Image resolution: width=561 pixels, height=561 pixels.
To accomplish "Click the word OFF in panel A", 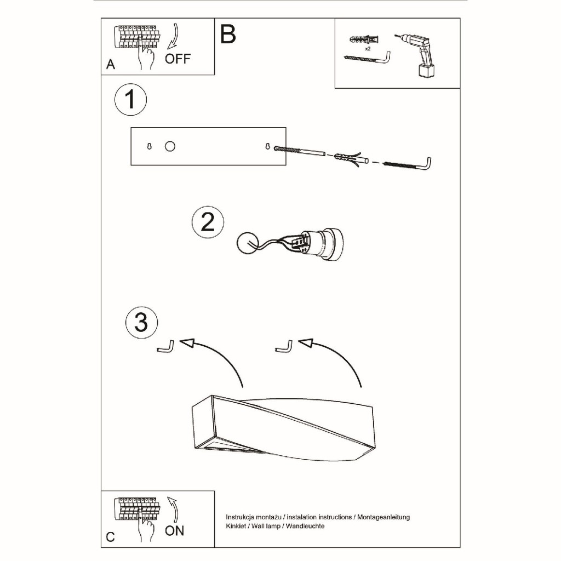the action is pos(178,59).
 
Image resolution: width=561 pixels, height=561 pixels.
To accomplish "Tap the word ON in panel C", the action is pos(174,530).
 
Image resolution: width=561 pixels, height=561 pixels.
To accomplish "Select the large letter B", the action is pos(228,34).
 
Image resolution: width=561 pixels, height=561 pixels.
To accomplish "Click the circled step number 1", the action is pos(130,99).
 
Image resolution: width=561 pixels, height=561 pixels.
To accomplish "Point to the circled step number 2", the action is pos(208,222).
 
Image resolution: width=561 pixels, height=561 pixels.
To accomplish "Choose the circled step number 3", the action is pos(141,322).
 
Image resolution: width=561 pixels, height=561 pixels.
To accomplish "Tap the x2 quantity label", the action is pos(368,49).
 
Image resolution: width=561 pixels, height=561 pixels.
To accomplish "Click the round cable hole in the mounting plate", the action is pos(170,146).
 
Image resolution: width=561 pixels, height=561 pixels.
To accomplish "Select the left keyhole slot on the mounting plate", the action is pos(150,146).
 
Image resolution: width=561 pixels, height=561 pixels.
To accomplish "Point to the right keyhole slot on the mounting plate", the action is pos(267,146).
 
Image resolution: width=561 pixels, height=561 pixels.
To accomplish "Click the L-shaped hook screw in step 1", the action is pos(407,164).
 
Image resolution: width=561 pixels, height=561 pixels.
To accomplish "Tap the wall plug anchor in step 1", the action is pos(351,159).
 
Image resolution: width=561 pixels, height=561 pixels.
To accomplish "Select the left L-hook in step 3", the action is pos(166,346).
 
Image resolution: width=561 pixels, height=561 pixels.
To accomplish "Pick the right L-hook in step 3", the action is pos(284,346).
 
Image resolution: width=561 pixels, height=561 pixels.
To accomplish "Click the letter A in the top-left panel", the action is pos(111,65).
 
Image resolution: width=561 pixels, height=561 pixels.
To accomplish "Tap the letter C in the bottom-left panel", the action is pos(111,537).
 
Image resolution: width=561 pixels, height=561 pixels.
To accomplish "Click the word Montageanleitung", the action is pos(383,517).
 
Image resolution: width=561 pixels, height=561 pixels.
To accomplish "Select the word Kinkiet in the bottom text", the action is pos(236,526).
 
